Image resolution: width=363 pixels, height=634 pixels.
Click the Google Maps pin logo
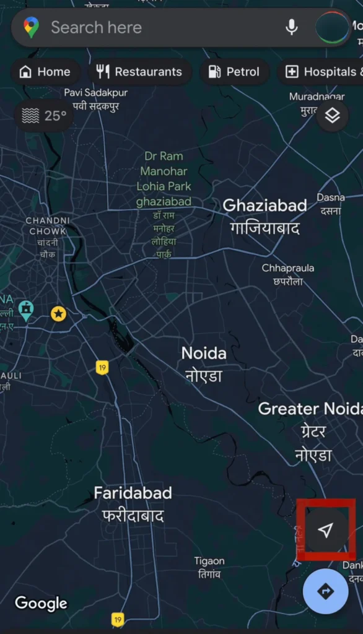31,27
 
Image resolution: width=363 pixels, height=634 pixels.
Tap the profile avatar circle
333,28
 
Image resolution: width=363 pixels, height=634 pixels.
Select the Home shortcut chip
45,72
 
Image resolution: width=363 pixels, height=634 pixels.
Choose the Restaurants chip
139,72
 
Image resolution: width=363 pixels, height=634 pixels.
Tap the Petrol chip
234,72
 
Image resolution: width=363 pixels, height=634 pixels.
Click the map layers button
333,115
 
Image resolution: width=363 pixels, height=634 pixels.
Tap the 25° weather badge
44,116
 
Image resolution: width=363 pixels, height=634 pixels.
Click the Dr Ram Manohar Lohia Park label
164,179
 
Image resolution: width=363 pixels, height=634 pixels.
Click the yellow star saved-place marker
58,314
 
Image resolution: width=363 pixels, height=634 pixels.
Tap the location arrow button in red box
326,529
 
